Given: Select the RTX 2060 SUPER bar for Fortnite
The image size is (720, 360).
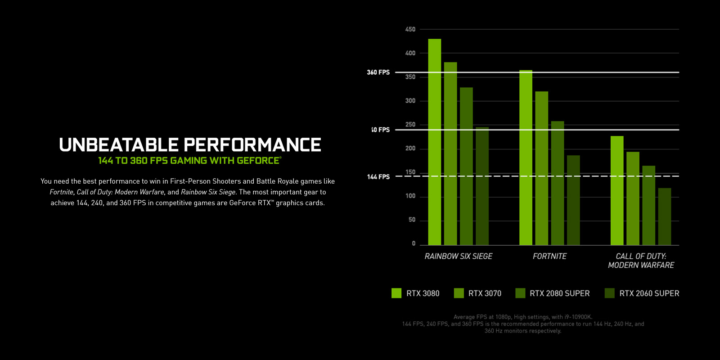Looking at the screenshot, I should click(573, 200).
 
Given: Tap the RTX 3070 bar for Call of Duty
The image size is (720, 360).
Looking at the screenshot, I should click(633, 198).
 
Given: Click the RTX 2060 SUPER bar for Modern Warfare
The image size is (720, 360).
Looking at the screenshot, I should click(665, 216).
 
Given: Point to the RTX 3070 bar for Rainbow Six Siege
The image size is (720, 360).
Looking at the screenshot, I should click(450, 153).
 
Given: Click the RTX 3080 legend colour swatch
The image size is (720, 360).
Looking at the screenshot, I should click(396, 293).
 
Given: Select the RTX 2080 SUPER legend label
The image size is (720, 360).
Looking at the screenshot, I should click(559, 293).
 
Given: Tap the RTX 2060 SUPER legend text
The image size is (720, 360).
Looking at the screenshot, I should click(649, 293).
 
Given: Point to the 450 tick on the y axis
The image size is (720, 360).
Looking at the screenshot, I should click(410, 29).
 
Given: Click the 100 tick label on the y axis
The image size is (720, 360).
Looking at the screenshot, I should click(410, 196).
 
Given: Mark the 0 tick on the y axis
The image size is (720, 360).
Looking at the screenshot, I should click(414, 243).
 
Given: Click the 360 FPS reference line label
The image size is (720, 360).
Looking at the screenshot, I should click(378, 72).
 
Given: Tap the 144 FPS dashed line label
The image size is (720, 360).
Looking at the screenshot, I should click(378, 177).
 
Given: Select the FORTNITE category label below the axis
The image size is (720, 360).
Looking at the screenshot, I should click(549, 256).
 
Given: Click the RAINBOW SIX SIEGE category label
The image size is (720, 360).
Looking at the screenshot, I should click(458, 256).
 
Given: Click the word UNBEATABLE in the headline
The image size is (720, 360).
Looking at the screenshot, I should click(119, 145).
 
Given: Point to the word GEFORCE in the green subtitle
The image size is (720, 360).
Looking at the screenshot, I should click(258, 161).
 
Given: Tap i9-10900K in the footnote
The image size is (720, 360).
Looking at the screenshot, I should click(579, 317).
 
